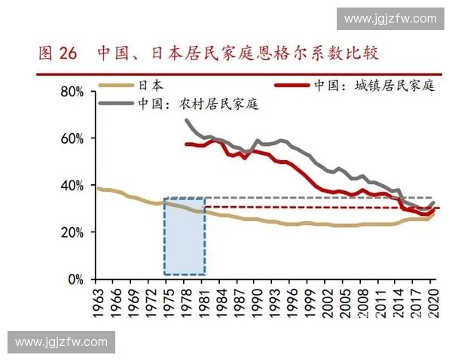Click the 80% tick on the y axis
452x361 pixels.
pos(74,92)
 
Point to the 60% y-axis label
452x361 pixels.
pos(74,139)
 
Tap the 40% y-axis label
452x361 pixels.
pos(74,186)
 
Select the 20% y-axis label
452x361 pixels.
pos(74,232)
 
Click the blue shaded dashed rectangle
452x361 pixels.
pos(185,237)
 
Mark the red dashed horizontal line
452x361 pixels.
pos(316,207)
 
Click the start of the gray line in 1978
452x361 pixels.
pos(186,120)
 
